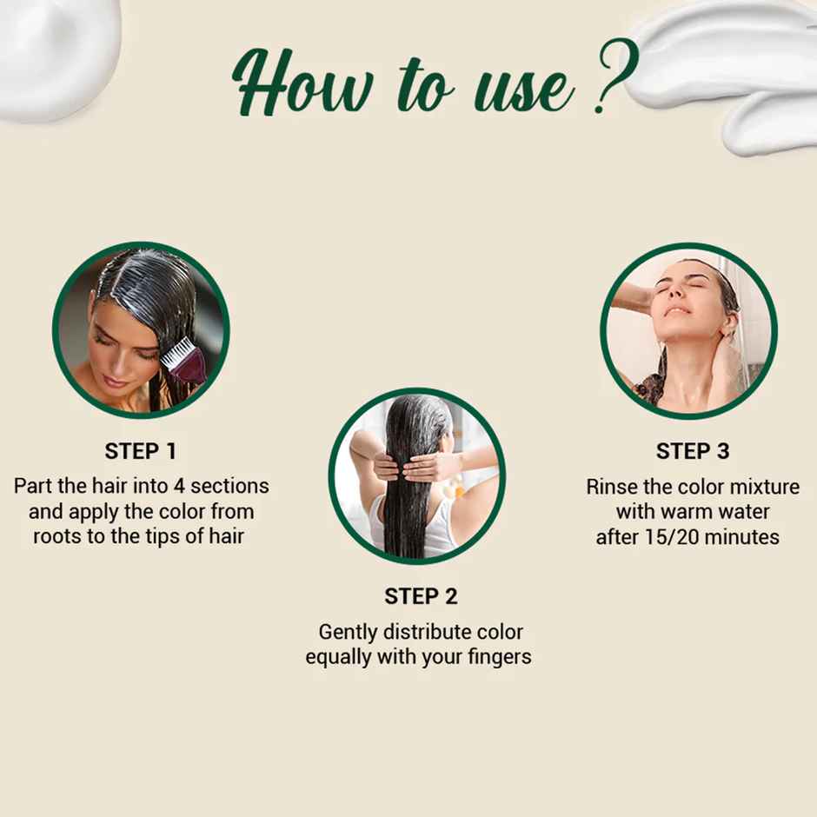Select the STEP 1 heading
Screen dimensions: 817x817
pyautogui.click(x=141, y=451)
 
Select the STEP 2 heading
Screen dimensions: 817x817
pyautogui.click(x=421, y=596)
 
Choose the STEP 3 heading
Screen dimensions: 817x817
pyautogui.click(x=693, y=451)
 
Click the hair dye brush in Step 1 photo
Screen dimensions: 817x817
pyautogui.click(x=184, y=359)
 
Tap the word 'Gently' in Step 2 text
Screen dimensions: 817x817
pyautogui.click(x=349, y=632)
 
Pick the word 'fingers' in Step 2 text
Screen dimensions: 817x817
pyautogui.click(x=499, y=657)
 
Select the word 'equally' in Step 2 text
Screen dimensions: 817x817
pyautogui.click(x=340, y=657)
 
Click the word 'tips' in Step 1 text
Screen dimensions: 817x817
pyautogui.click(x=157, y=536)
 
